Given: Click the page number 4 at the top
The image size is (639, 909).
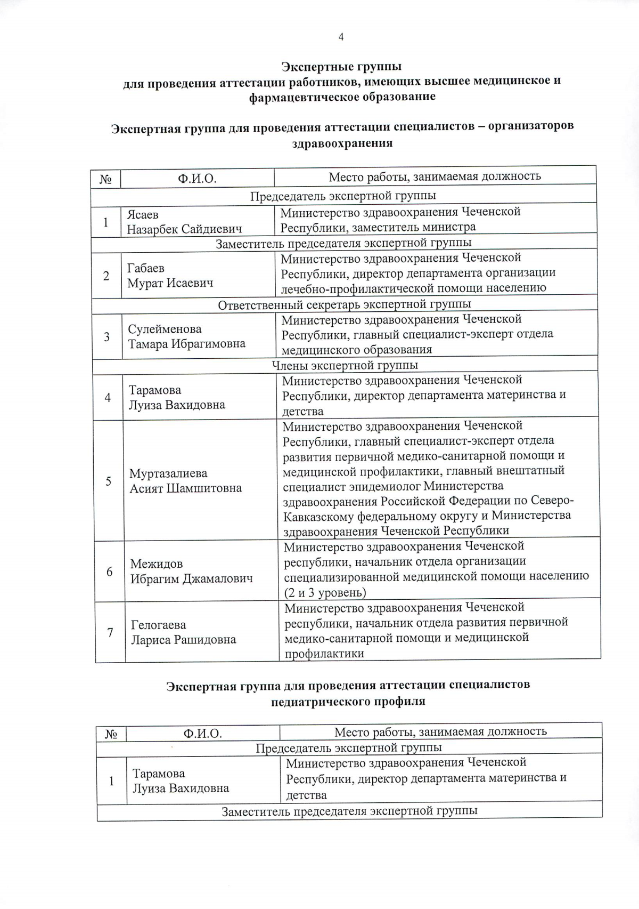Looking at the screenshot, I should point(341,37).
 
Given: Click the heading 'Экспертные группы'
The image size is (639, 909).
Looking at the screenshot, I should point(341,67).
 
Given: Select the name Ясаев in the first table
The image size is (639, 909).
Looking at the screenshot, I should point(143,214).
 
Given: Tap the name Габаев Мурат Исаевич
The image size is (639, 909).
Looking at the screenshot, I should point(170,276).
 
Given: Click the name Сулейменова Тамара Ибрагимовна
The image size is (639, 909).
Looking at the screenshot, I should point(186,336).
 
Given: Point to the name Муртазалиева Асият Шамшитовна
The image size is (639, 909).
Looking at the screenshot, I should point(185,480).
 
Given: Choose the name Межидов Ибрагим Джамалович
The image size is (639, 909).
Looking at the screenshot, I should point(191,571).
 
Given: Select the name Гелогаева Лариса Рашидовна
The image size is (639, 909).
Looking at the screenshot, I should point(183,632).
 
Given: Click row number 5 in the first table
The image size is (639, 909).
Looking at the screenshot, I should point(108,481).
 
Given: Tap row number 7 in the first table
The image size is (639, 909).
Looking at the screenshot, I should point(110,633).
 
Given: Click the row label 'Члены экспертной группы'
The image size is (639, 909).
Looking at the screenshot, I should point(345,365).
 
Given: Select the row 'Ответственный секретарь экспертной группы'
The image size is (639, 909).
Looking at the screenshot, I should point(344,304).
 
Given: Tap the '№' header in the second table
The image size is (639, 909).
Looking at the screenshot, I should point(111,734).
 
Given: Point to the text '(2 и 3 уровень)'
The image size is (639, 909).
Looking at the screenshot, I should point(325,592).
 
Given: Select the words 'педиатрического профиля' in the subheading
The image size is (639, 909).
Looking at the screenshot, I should point(348,702).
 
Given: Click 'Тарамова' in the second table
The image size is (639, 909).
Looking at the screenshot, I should point(159,774).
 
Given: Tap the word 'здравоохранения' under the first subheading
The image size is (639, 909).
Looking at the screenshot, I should point(342,143).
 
